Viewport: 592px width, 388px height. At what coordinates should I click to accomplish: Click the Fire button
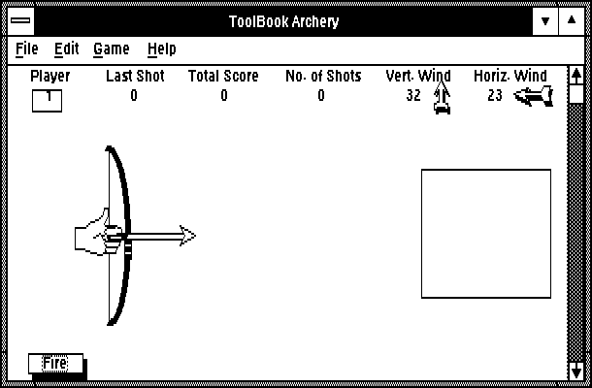[56, 364]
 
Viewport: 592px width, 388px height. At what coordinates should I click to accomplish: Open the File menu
[27, 48]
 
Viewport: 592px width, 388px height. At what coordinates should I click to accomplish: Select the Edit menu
[66, 48]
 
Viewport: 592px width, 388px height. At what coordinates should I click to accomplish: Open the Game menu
[112, 49]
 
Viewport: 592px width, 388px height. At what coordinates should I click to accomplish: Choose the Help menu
[162, 49]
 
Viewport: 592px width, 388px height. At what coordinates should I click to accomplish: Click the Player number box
[48, 101]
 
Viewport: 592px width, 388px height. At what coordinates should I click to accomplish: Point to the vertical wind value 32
[413, 95]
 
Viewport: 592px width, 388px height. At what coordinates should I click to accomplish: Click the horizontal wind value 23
[495, 95]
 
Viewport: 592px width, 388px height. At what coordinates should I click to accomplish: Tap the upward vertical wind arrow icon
[442, 97]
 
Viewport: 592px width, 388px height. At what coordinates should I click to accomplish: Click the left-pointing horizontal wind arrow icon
[534, 96]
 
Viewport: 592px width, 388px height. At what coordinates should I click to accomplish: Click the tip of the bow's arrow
[196, 236]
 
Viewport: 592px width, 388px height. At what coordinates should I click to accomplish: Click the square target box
[486, 234]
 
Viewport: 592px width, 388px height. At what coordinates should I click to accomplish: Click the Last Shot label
[135, 76]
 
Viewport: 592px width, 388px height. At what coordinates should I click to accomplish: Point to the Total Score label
[223, 76]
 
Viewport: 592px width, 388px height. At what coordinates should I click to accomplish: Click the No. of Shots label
[323, 76]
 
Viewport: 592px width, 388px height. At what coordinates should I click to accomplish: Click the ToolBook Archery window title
[284, 21]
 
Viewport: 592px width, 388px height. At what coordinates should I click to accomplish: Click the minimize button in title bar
[545, 21]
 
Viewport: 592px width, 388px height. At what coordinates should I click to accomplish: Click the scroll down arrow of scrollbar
[576, 372]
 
